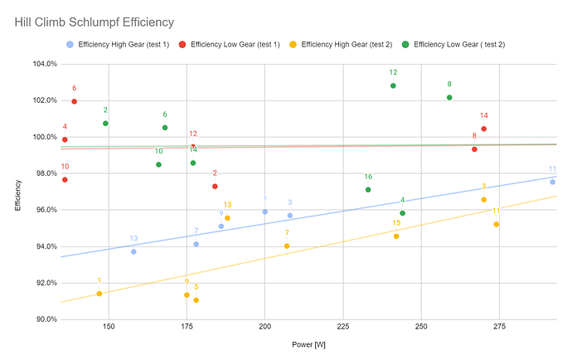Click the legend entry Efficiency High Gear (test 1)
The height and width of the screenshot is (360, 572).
(125, 43)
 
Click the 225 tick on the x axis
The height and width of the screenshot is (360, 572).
(343, 327)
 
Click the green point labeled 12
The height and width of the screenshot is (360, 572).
(393, 85)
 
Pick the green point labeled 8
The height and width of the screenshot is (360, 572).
(449, 97)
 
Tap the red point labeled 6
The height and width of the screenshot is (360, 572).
(74, 101)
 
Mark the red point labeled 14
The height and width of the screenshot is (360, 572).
(483, 129)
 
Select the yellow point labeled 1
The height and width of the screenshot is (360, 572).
(99, 294)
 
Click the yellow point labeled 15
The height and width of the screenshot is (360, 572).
(396, 236)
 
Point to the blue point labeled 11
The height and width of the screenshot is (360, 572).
(552, 182)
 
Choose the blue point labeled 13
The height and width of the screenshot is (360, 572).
(133, 251)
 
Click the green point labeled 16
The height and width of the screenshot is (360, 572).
(368, 190)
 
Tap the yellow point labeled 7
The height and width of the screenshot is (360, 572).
(287, 246)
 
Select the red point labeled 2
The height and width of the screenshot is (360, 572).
(215, 186)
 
